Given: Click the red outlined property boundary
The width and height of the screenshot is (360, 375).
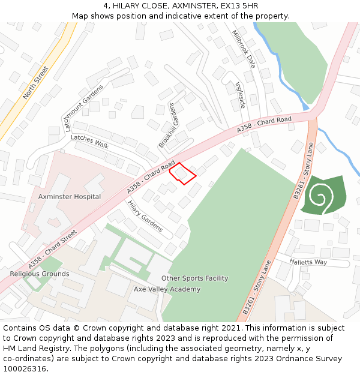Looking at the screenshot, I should tap(183, 173).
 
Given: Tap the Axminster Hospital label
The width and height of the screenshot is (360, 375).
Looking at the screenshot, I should tap(70, 197).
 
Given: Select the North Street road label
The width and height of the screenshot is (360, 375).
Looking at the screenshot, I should tap(35, 83).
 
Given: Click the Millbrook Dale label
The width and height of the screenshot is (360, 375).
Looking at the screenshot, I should tap(243, 49).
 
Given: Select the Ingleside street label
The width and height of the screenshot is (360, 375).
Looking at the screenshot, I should tap(241, 95).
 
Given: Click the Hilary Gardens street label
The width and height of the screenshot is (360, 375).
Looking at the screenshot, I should tap(145, 216).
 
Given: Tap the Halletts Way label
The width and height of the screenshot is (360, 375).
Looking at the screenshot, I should tap(308, 262).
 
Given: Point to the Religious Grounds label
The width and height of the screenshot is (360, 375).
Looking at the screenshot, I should tap(40, 274).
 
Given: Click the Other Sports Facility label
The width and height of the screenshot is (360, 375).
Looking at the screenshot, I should tap(194, 278).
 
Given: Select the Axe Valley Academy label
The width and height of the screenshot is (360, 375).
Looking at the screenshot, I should tap(167, 289).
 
